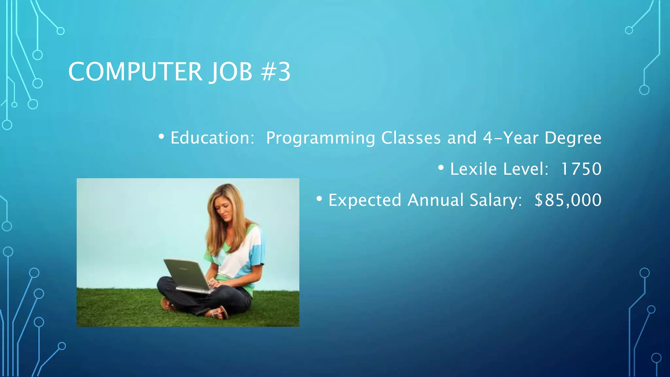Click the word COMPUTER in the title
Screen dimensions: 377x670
pos(135,72)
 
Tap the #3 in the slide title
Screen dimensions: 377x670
pos(276,72)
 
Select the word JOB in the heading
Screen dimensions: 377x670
pos(231,72)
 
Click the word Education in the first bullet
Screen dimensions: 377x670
pos(212,138)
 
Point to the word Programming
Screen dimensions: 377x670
pos(320,138)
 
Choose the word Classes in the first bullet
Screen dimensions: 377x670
pos(411,138)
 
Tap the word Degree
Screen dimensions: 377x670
pos(573,138)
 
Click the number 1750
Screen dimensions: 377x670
pos(581,169)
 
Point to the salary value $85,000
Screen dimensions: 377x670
pos(568,200)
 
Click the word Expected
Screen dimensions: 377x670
pos(364,200)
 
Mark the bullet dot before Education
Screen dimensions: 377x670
pos(161,137)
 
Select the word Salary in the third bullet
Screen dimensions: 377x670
pos(495,200)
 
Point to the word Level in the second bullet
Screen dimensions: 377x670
pos(525,169)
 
